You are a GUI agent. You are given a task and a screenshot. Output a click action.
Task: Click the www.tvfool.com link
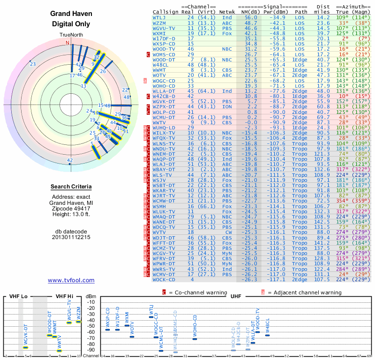pyautogui.click(x=71, y=280)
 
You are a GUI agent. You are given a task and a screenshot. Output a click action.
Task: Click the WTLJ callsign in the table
pyautogui.click(x=159, y=17)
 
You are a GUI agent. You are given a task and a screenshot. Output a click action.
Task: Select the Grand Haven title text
pyautogui.click(x=71, y=14)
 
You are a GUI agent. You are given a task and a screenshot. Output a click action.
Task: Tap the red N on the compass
pyautogui.click(x=67, y=43)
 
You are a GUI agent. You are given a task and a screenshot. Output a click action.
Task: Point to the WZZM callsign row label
pyautogui.click(x=159, y=23)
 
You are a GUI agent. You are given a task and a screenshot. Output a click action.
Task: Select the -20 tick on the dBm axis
pyautogui.click(x=90, y=308)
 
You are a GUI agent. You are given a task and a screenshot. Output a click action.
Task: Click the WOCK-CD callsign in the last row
pyautogui.click(x=164, y=279)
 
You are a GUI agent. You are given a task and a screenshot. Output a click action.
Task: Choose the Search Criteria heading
pyautogui.click(x=71, y=187)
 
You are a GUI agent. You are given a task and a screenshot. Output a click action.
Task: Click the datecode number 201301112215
pyautogui.click(x=71, y=237)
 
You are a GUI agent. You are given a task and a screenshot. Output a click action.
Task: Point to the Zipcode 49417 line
pyautogui.click(x=71, y=208)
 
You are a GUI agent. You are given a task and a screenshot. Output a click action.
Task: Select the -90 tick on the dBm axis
pyautogui.click(x=90, y=350)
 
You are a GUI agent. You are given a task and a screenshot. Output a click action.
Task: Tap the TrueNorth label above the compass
pyautogui.click(x=71, y=36)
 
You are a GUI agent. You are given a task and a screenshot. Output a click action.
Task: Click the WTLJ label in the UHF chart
pyautogui.click(x=151, y=310)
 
